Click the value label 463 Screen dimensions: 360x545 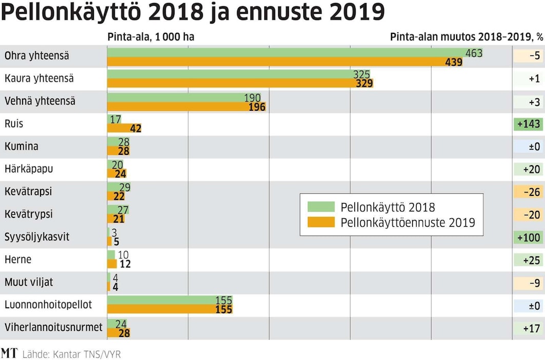point(474,53)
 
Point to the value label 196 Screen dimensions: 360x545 point(257,107)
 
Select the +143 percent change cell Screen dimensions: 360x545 point(528,124)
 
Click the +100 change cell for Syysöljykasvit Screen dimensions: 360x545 point(528,237)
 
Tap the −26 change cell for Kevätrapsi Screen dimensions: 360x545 point(528,192)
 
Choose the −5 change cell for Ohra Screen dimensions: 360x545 point(528,56)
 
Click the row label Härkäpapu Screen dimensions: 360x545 point(29,169)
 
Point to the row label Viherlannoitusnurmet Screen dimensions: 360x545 point(53,327)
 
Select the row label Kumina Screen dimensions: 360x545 point(21,146)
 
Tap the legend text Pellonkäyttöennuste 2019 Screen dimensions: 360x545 point(407,223)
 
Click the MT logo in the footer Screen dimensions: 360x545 point(9,353)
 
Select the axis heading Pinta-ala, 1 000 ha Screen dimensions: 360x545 point(151,37)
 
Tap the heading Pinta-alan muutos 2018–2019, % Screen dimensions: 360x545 point(466,37)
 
